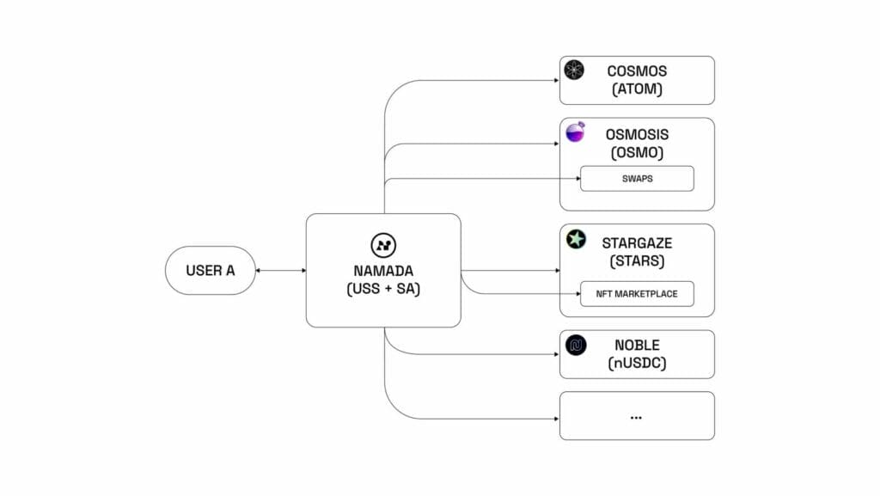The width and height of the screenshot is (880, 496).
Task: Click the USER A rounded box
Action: point(211,270)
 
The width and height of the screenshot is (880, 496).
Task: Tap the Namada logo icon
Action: point(382,243)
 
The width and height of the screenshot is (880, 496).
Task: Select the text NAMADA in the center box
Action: point(382,270)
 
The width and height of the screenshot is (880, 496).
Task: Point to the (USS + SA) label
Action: point(382,290)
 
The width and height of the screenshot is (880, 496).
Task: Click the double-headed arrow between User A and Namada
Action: point(281,270)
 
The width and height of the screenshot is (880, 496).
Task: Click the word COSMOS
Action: point(637,70)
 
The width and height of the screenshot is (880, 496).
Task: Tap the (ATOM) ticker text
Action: point(637,89)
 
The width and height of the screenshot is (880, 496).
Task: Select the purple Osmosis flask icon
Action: point(575,132)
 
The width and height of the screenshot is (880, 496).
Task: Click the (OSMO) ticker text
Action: point(637,153)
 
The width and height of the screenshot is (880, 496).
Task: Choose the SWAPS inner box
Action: point(637,179)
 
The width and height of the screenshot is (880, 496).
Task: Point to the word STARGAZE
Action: point(637,243)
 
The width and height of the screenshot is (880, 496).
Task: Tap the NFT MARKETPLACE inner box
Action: point(637,294)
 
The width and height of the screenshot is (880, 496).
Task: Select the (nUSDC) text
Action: point(637,364)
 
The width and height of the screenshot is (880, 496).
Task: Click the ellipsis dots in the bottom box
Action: point(637,417)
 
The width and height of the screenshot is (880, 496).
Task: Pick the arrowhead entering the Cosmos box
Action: point(556,80)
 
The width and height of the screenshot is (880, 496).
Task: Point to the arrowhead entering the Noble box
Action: point(556,354)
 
